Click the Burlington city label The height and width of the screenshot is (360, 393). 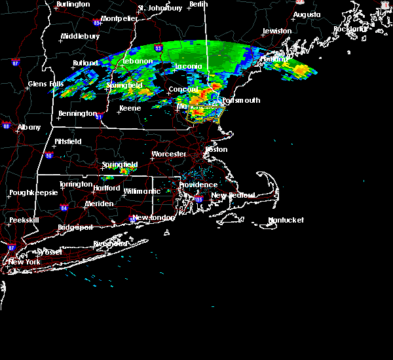[73, 5]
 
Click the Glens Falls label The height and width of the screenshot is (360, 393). [46, 84]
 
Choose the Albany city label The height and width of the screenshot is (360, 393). [29, 127]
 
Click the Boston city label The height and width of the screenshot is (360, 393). [216, 149]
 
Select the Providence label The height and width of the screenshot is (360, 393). [198, 185]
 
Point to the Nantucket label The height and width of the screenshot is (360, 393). [286, 221]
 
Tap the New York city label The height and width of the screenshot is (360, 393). [24, 262]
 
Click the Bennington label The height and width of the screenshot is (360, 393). [77, 113]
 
